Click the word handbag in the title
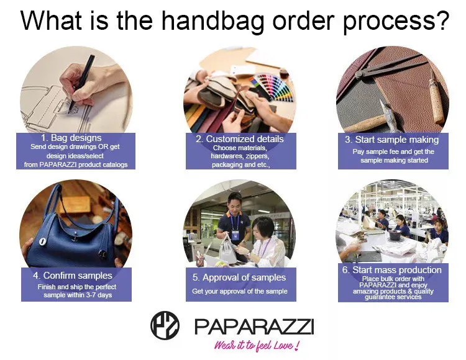pyautogui.click(x=212, y=21)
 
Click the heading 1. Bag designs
pyautogui.click(x=71, y=138)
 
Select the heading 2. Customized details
pyautogui.click(x=240, y=139)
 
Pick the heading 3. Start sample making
pyautogui.click(x=391, y=140)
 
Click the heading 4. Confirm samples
pyautogui.click(x=73, y=276)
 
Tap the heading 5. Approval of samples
pyautogui.click(x=239, y=277)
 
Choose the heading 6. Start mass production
pyautogui.click(x=391, y=270)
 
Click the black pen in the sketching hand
pyautogui.click(x=82, y=83)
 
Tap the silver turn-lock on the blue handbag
pyautogui.click(x=42, y=241)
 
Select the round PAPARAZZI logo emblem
pyautogui.click(x=165, y=325)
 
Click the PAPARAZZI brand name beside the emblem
pyautogui.click(x=254, y=326)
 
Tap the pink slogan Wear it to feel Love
pyautogui.click(x=257, y=346)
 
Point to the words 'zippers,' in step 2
pyautogui.click(x=257, y=156)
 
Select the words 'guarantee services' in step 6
pyautogui.click(x=393, y=297)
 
